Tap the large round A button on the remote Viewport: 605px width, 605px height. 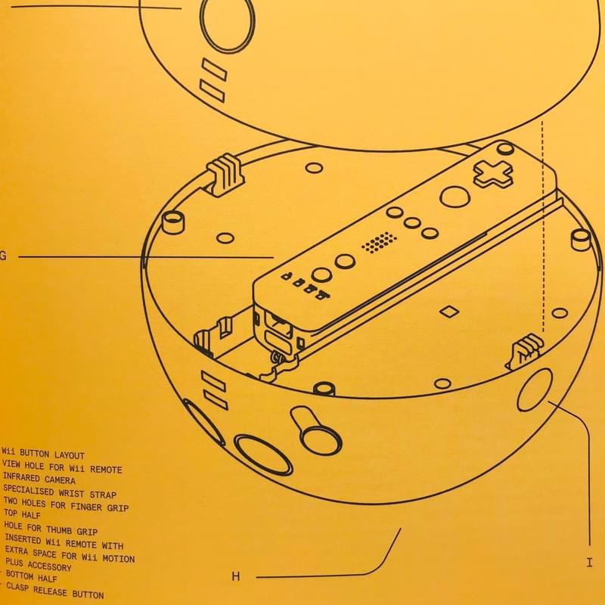click(455, 197)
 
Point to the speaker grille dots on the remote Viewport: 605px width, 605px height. click(380, 243)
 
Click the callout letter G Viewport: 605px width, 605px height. click(3, 256)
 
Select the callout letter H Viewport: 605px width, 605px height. click(236, 576)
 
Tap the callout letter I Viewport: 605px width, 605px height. click(589, 563)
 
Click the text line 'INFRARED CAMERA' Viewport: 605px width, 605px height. click(39, 479)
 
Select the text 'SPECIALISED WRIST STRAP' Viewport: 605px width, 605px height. click(60, 492)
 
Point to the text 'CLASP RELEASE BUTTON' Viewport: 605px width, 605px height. click(55, 591)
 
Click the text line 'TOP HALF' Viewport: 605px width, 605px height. click(22, 513)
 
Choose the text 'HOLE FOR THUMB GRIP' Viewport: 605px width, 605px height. click(51, 528)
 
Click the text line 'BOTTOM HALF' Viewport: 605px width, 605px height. click(31, 576)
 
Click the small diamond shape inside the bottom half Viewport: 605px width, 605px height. click(449, 311)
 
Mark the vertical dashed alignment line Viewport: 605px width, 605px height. click(542, 226)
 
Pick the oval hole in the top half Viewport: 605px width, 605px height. click(228, 24)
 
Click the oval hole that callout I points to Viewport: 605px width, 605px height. click(535, 389)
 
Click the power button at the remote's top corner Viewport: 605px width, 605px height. click(505, 148)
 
